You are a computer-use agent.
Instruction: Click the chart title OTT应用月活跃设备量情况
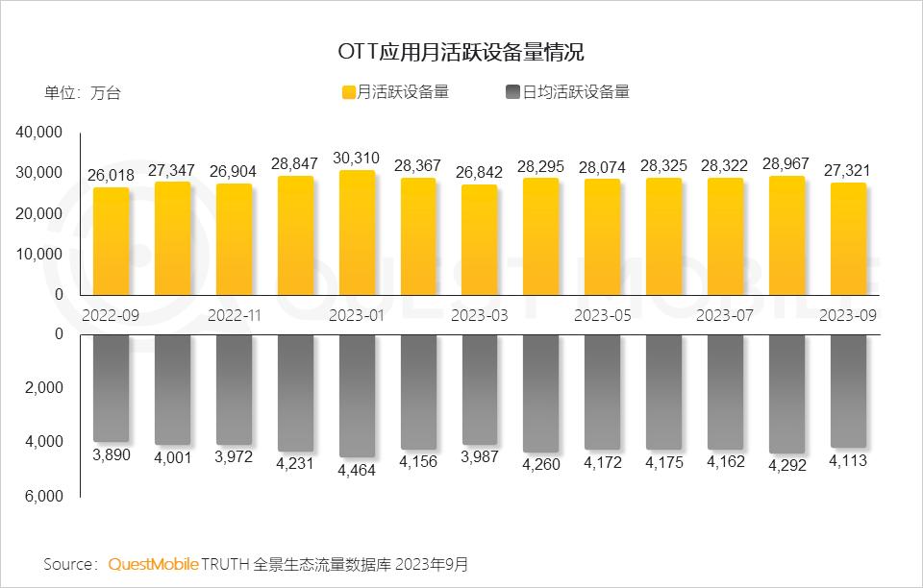pos(461,50)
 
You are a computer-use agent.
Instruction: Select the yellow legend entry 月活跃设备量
pos(395,92)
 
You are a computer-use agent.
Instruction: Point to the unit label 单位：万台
pos(83,93)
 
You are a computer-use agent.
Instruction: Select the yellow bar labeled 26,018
pos(111,241)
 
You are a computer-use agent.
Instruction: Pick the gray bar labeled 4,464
pos(357,395)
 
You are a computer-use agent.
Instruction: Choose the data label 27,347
pos(172,170)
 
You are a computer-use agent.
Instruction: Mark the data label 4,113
pos(848,460)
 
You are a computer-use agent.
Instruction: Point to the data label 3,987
pos(480,457)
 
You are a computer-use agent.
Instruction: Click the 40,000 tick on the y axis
pos(40,132)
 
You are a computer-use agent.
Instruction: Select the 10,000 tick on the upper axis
pos(40,254)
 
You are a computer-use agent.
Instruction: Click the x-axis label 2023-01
pos(357,314)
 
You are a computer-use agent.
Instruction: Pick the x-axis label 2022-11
pos(235,314)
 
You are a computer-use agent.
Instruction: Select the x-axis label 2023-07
pos(725,314)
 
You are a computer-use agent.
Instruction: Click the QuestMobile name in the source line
pos(153,564)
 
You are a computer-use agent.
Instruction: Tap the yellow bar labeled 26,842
pos(480,239)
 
